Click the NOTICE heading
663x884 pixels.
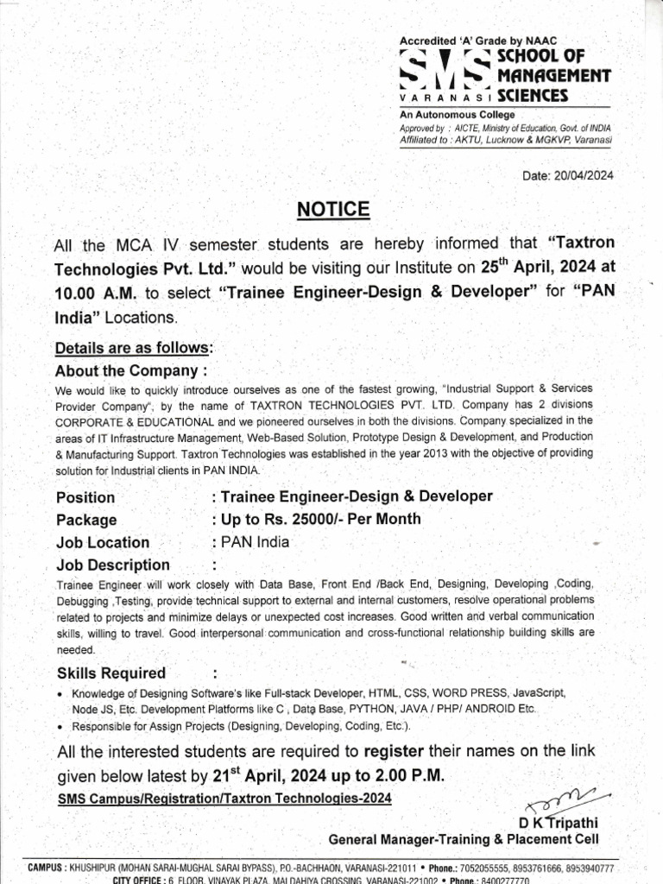[333, 210]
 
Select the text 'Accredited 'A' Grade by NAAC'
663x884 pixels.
[474, 42]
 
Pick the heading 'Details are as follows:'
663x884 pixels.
[133, 349]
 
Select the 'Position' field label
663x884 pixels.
[85, 498]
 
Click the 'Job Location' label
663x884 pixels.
[103, 543]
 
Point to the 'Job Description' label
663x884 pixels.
[113, 565]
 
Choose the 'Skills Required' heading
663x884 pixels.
[111, 673]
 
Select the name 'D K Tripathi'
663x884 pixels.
[559, 822]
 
